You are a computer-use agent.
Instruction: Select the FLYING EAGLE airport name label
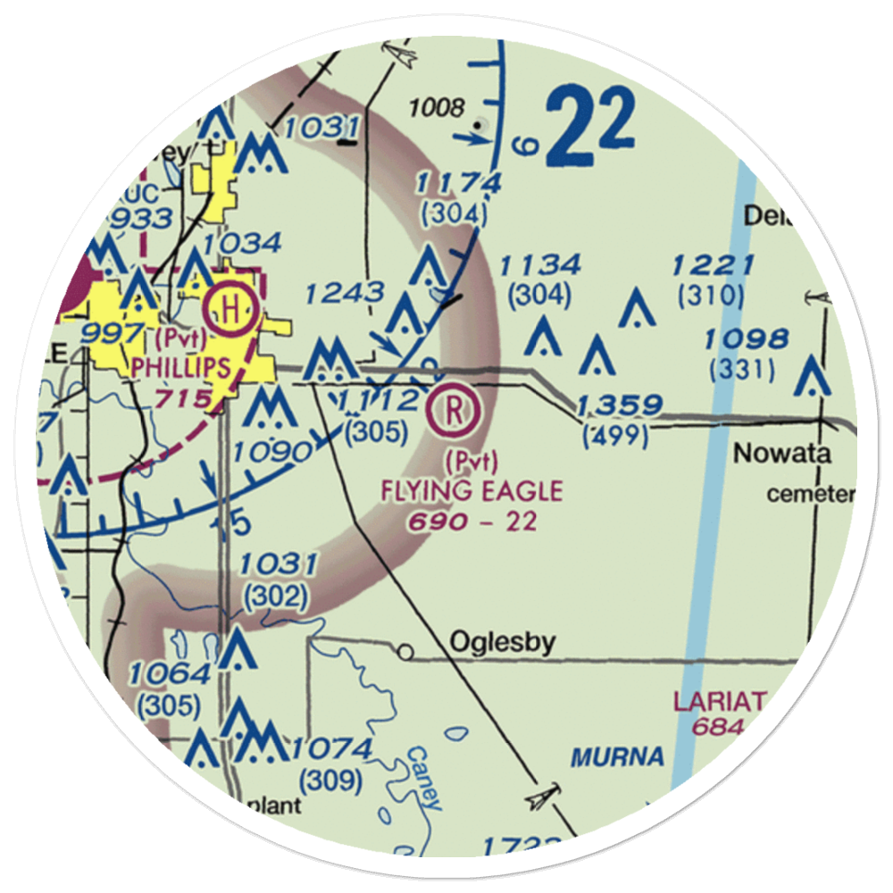click(472, 490)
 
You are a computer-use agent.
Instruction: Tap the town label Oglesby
click(503, 642)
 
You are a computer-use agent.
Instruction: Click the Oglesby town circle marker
click(406, 653)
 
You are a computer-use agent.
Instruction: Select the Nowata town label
click(782, 454)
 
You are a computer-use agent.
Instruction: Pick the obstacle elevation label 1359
click(620, 406)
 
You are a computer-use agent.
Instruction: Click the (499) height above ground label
click(615, 436)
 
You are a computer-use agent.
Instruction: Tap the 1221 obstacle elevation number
click(713, 265)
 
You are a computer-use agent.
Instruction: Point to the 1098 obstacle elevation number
click(746, 339)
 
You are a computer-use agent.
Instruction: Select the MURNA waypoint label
click(618, 758)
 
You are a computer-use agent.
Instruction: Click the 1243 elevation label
click(345, 292)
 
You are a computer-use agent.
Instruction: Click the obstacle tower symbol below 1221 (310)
click(636, 308)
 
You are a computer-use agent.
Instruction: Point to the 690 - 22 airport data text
click(472, 521)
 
